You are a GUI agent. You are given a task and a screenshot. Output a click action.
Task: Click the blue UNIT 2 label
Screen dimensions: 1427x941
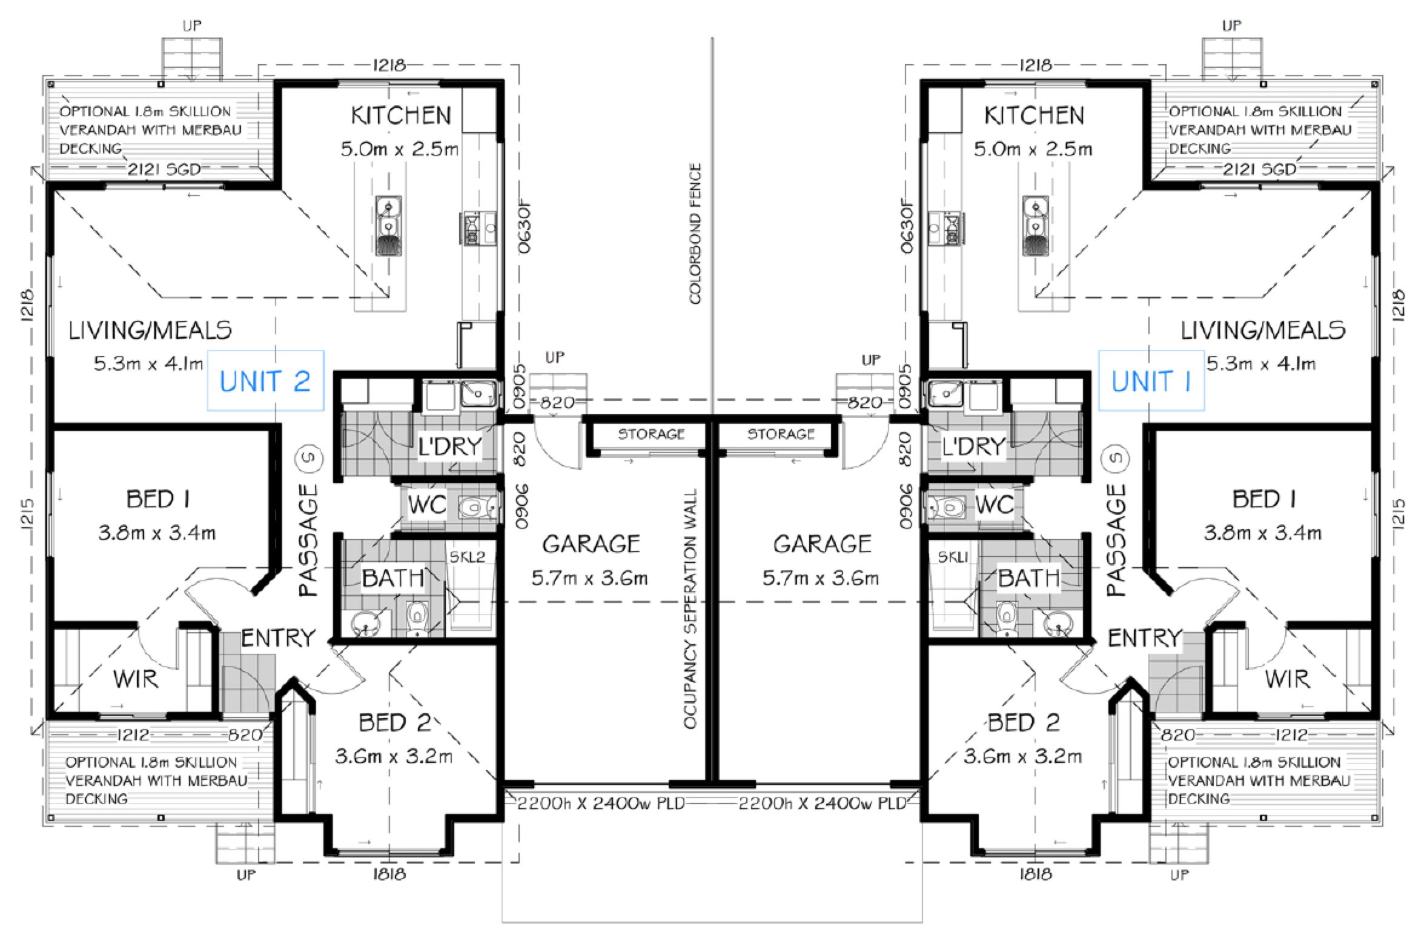(x=265, y=381)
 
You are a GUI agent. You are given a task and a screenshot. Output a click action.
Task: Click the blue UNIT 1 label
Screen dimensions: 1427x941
(x=1151, y=381)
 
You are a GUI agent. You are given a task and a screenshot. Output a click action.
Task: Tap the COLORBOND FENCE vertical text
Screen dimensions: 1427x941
(x=695, y=233)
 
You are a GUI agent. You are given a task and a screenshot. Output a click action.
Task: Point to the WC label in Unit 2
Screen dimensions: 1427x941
(x=427, y=504)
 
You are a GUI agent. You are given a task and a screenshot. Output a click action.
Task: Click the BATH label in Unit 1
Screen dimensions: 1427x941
(x=1028, y=579)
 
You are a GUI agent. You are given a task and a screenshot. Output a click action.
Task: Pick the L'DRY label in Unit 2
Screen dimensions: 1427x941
(x=449, y=447)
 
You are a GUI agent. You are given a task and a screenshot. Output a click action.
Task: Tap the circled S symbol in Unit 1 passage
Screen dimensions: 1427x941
(x=1117, y=458)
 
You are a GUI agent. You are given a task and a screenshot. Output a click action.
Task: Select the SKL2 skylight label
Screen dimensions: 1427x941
(x=467, y=557)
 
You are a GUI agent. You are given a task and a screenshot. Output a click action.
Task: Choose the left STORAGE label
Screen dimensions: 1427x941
(x=651, y=434)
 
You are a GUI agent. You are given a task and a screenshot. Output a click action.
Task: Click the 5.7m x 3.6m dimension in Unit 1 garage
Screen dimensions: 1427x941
(x=821, y=578)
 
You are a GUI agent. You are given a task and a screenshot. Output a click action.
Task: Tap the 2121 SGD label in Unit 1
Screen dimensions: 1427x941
(x=1260, y=170)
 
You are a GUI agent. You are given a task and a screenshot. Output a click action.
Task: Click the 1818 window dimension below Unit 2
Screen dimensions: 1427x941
(x=389, y=874)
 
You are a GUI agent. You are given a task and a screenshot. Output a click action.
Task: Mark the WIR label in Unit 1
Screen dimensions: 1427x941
(x=1287, y=679)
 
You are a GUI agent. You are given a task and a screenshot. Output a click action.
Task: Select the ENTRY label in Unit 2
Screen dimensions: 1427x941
(x=279, y=638)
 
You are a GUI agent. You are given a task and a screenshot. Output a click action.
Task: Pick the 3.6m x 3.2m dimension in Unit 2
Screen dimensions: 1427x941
(x=394, y=756)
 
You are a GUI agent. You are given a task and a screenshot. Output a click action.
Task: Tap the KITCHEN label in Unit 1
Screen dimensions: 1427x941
(x=1034, y=115)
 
